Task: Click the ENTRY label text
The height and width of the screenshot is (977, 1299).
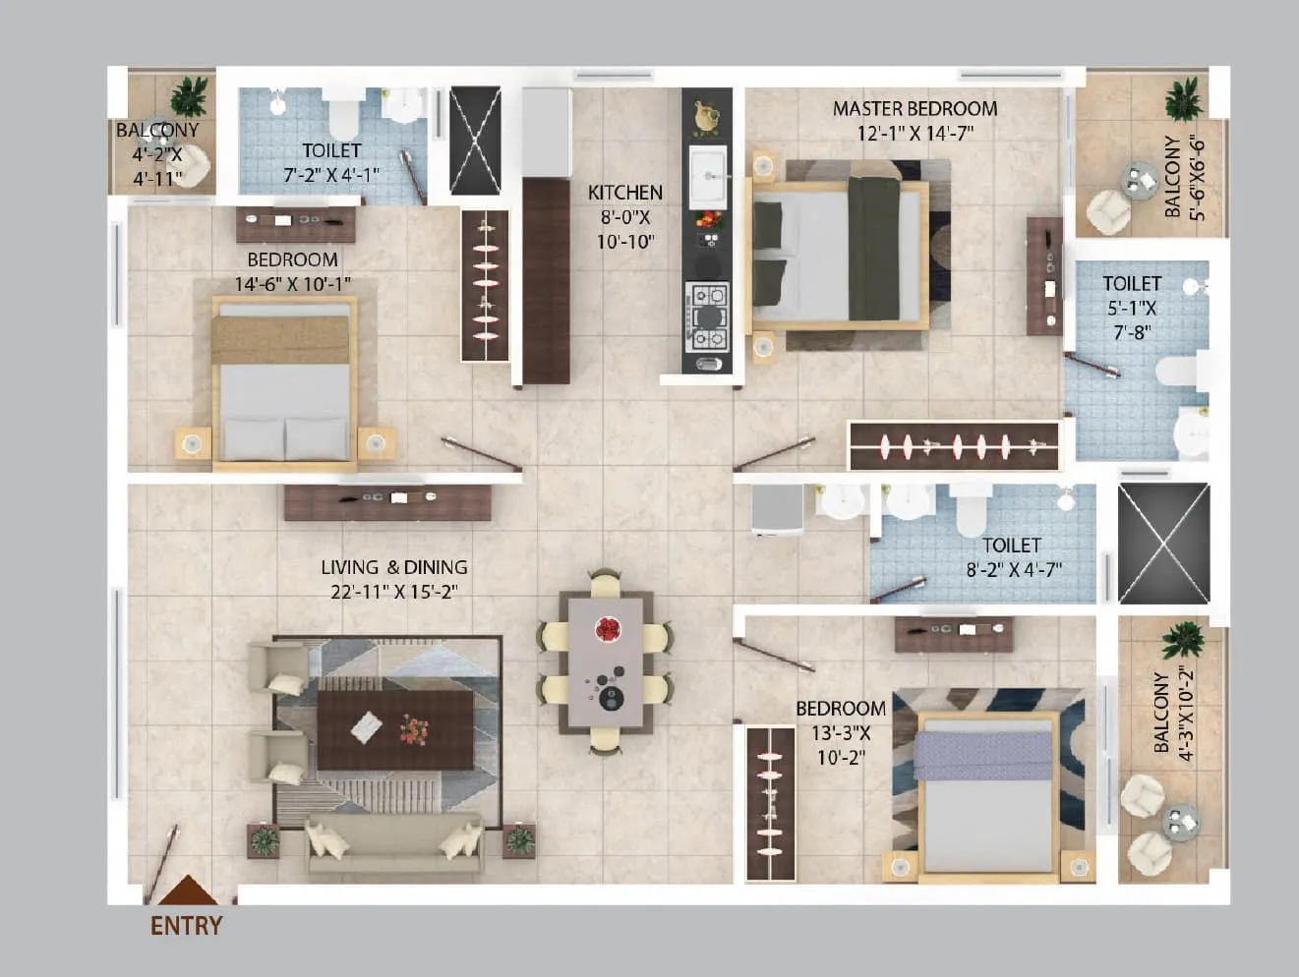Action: point(186,925)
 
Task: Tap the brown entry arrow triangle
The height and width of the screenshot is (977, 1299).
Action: point(188,891)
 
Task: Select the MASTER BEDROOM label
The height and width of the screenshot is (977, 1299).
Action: point(915,108)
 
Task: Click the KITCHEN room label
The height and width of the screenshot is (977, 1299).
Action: point(624,193)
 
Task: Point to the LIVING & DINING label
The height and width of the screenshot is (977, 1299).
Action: point(393,567)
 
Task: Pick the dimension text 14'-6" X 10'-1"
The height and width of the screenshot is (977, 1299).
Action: point(292,285)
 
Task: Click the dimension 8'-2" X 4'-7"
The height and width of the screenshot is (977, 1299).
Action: point(1012,570)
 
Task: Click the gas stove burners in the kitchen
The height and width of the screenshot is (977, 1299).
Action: point(708,316)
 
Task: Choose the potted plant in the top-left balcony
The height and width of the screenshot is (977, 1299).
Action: point(189,96)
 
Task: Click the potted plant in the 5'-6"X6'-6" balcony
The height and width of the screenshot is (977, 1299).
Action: point(1183,100)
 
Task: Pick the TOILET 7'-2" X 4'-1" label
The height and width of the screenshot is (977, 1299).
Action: point(331,162)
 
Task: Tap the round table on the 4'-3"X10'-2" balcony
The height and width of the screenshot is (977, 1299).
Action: point(1179,819)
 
